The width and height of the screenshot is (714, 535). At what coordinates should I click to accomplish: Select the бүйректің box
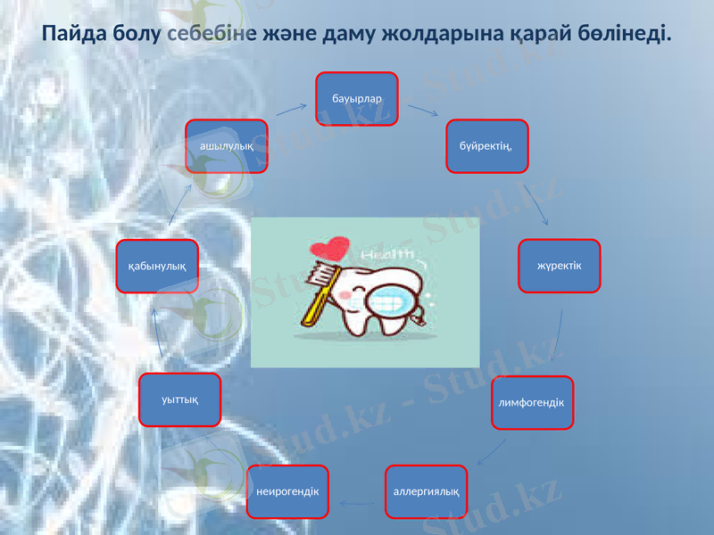(x=487, y=145)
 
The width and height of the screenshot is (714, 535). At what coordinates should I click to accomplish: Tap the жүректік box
(x=560, y=265)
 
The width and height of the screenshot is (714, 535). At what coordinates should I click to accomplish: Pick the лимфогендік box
(x=532, y=403)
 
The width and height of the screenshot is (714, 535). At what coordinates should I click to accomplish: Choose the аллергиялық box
(x=427, y=491)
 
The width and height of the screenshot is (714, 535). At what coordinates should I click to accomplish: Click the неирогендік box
(x=287, y=491)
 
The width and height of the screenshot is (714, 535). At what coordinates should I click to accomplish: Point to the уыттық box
(x=179, y=399)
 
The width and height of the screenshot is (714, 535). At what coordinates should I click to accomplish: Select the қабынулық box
(x=157, y=266)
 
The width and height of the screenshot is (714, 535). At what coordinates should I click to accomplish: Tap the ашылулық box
(x=227, y=145)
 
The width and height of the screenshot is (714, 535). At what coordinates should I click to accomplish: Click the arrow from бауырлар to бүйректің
(x=422, y=110)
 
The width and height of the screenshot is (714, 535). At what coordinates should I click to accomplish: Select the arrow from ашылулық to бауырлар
(x=291, y=110)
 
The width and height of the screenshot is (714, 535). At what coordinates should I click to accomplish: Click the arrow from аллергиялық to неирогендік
(x=358, y=505)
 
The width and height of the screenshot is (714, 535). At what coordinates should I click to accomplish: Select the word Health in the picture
(x=389, y=256)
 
